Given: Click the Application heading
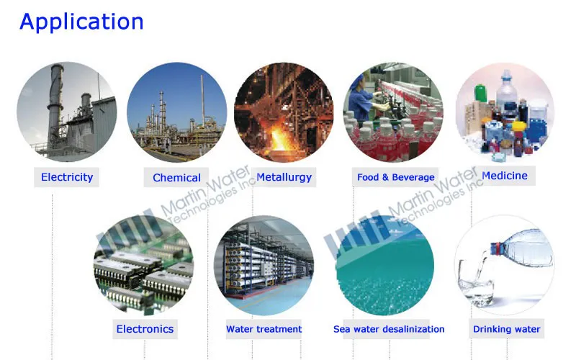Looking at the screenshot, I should click(x=81, y=22).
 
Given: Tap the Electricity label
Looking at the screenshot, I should click(x=67, y=176).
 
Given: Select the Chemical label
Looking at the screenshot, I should click(x=176, y=177).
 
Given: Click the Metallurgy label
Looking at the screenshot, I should click(x=284, y=176).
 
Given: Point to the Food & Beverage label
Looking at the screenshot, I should click(x=396, y=176).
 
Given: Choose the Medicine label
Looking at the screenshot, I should click(x=504, y=176).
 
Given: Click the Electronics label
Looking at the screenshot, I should click(x=145, y=329).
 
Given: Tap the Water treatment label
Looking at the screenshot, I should click(x=264, y=329).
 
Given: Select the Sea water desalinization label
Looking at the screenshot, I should click(x=389, y=329).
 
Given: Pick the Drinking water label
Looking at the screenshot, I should click(x=506, y=329).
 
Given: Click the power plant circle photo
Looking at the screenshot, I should click(x=66, y=112).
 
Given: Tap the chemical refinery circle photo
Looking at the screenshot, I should click(x=176, y=112).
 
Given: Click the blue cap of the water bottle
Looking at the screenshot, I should click(x=496, y=248).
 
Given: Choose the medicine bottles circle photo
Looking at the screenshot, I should click(x=505, y=112).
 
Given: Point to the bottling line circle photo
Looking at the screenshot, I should click(x=393, y=112).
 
